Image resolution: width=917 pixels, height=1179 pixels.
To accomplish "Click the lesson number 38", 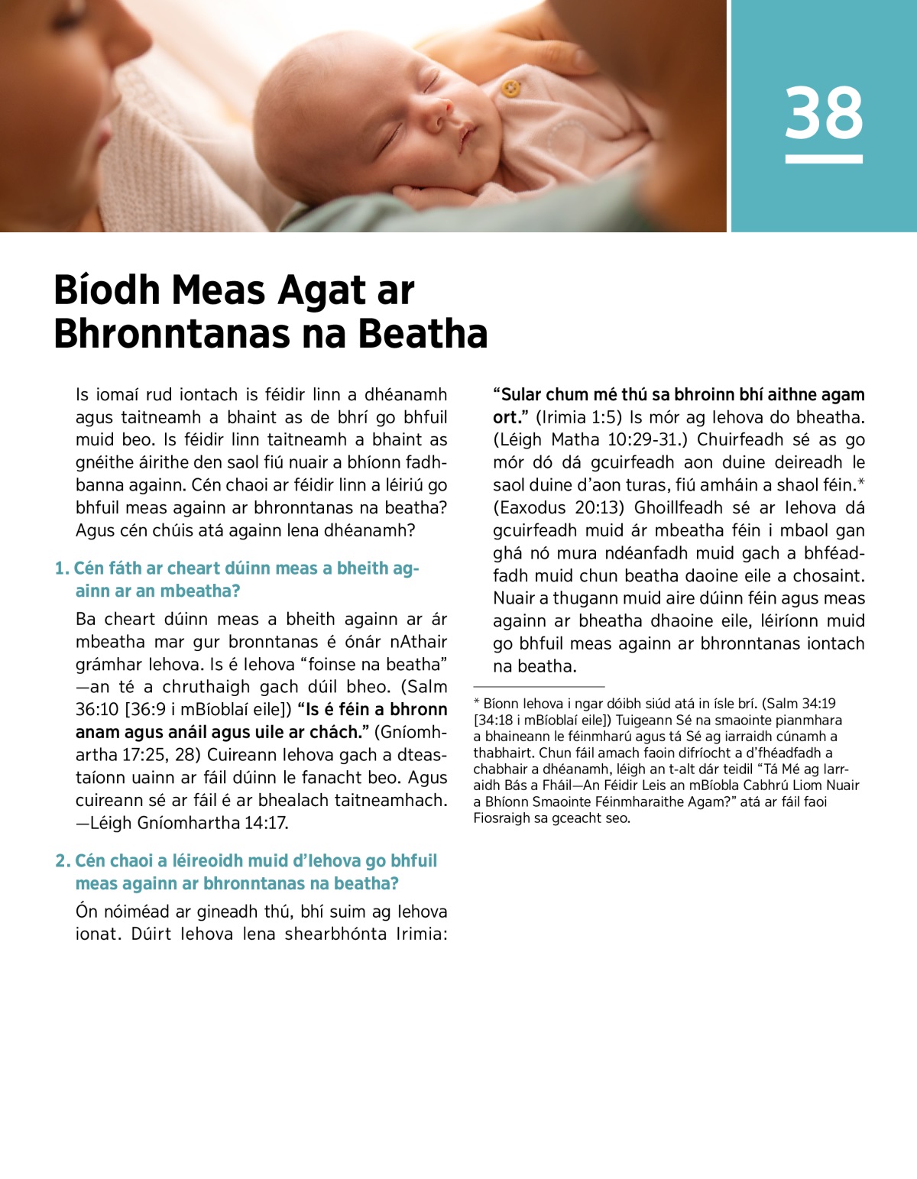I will pyautogui.click(x=824, y=113).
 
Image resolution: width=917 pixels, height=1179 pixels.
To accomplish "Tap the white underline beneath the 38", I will pyautogui.click(x=824, y=159).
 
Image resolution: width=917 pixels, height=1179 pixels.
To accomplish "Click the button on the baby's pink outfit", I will pyautogui.click(x=510, y=89).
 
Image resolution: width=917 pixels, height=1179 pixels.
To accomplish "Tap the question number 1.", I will pyautogui.click(x=61, y=568).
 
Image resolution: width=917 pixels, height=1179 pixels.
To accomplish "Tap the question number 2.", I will pyautogui.click(x=62, y=861).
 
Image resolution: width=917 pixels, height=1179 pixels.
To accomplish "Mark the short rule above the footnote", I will pyautogui.click(x=539, y=687).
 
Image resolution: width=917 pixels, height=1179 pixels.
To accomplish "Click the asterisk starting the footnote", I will pyautogui.click(x=476, y=702).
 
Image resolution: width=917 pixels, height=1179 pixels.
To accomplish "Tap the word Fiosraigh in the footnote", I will pyautogui.click(x=499, y=818).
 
